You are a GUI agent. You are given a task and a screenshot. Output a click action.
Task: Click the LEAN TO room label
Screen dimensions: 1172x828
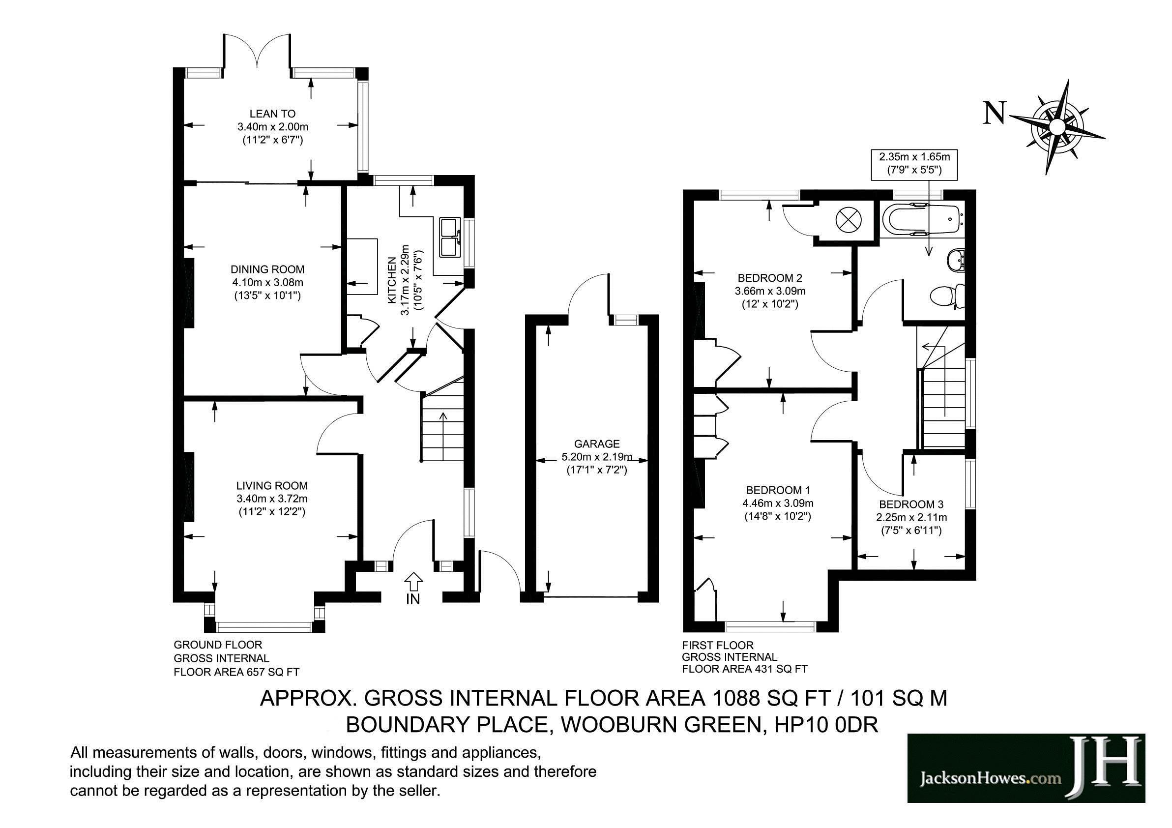point(272,114)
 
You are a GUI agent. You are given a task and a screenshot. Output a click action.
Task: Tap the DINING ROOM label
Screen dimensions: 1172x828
point(267,269)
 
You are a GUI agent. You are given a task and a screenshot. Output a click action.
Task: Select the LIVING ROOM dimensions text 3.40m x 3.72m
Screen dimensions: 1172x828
point(271,499)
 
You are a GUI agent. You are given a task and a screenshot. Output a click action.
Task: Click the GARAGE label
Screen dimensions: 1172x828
point(596,444)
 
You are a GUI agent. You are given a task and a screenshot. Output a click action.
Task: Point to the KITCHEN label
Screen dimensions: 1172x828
point(392,281)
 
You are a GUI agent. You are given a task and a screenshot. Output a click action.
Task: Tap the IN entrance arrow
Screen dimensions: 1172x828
point(413,582)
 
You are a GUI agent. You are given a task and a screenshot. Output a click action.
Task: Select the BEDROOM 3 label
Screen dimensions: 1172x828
point(910,505)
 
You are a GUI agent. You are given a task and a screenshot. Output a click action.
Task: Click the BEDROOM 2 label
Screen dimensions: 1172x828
point(770,278)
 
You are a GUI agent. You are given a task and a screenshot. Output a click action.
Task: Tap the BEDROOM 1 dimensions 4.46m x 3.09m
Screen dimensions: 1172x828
point(777,503)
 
